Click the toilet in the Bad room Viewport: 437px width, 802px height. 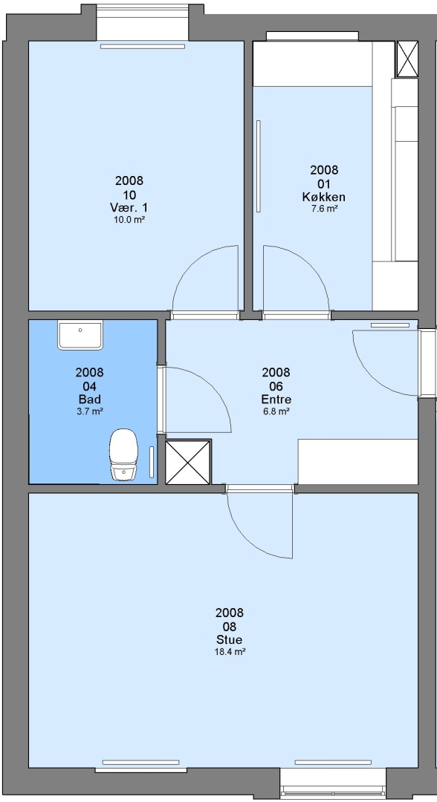coord(124,454)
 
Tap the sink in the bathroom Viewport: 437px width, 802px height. coord(80,335)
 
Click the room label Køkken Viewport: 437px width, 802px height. coord(324,197)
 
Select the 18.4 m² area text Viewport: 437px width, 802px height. coord(230,652)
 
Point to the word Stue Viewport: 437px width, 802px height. coord(229,640)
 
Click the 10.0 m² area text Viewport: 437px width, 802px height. coord(129,219)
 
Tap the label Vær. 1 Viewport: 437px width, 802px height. coord(129,208)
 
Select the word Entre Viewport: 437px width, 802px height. coord(276,399)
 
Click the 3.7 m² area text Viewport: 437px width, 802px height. coord(89,411)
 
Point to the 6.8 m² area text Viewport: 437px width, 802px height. coord(276,411)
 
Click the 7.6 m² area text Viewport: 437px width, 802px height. coord(324,209)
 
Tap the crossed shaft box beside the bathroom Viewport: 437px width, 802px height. coord(188,463)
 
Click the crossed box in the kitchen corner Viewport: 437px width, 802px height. coord(407,59)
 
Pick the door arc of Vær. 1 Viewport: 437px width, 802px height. coord(192,265)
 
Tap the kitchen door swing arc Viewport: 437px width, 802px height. coord(311,265)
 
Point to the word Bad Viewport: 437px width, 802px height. coord(89,400)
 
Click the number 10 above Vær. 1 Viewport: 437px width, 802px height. coord(129,195)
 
